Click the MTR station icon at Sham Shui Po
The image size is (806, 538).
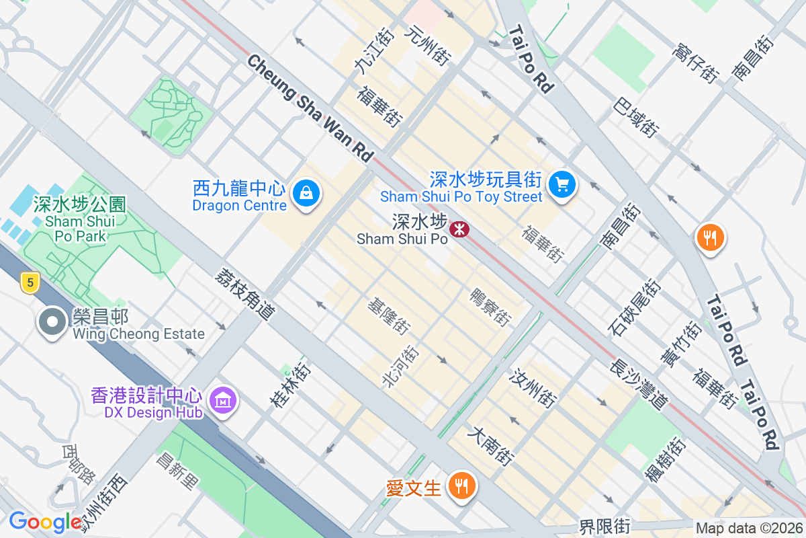459,229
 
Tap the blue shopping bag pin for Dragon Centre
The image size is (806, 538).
306,194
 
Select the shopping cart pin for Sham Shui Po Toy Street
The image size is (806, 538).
562,184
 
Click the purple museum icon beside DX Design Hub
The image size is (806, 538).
222,401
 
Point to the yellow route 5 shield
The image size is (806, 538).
28,282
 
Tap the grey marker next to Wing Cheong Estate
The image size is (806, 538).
52,323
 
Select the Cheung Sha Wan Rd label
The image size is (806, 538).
310,108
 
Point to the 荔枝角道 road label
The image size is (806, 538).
245,294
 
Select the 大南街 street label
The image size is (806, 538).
493,446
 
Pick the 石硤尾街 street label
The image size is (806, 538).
634,309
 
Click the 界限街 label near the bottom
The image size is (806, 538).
605,525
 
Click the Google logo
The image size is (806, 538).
46,521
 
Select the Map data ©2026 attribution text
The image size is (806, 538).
749,529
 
